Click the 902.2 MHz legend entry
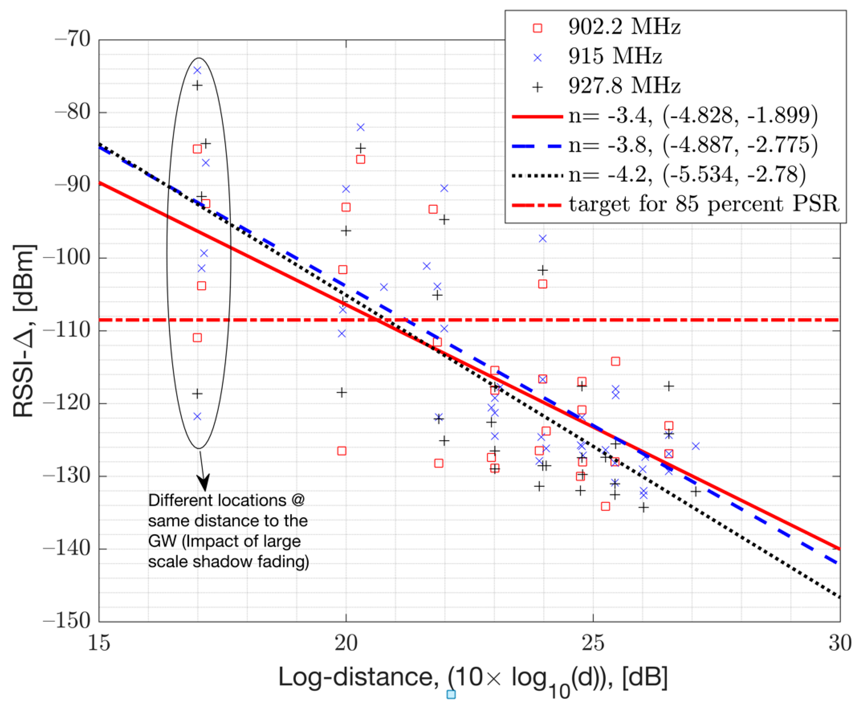click(x=623, y=27)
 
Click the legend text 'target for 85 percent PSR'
click(x=703, y=203)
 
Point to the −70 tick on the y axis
click(x=73, y=40)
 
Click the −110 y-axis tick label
click(x=67, y=330)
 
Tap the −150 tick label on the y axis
click(x=67, y=621)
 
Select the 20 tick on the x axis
click(x=346, y=643)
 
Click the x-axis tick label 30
click(x=840, y=643)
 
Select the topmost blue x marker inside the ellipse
click(x=197, y=70)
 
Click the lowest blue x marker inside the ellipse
click(x=197, y=417)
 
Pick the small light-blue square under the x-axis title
click(x=451, y=694)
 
